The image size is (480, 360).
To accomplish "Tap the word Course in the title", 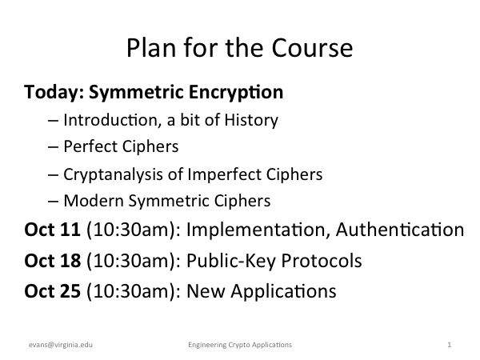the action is point(312,48).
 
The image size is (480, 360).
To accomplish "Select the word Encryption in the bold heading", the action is point(236,92).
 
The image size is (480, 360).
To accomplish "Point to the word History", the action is point(251,120).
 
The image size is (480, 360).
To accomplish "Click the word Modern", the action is point(94,201).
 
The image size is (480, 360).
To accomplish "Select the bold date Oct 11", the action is point(52,230).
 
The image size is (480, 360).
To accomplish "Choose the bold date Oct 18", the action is point(53,261).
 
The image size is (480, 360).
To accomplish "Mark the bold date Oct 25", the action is point(52,291).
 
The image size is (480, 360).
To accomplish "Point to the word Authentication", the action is point(400,230).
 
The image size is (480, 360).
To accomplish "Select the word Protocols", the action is point(322,261).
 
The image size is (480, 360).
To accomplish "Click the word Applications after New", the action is point(283,291).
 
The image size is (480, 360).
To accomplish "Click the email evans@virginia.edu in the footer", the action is point(61,345).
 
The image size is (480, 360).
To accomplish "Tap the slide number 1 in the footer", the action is point(450,345).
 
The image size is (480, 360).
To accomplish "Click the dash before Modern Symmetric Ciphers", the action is point(54,202).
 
